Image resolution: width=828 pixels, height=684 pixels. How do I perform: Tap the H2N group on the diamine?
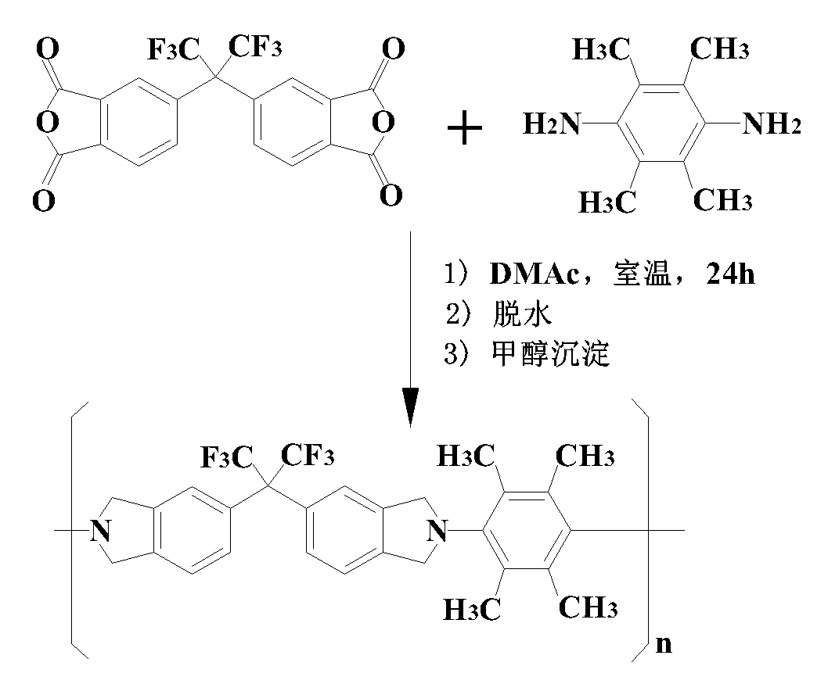click(553, 124)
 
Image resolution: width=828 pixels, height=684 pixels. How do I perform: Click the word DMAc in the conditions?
click(528, 275)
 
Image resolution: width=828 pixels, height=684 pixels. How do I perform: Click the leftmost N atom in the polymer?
click(99, 532)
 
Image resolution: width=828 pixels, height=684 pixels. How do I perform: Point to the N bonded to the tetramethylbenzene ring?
click(439, 532)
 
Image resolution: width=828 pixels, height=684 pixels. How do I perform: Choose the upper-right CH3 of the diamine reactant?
click(720, 50)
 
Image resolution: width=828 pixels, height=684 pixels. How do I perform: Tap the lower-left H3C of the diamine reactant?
click(607, 203)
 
